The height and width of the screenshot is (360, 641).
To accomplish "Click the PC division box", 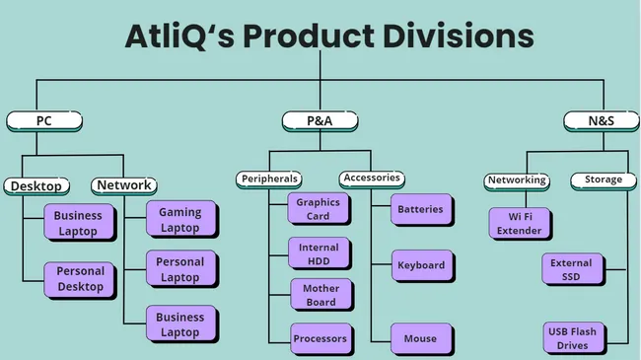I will pos(44,121).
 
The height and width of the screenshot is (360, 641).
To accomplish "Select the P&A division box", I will pos(320,121).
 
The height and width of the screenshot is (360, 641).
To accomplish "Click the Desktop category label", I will pos(36,185).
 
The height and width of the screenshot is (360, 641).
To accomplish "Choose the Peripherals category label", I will pos(268,180).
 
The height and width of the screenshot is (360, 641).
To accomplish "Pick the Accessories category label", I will pos(372,179).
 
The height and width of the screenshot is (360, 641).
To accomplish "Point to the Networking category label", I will pos(517,180).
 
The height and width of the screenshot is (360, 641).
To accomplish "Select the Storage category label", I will pos(603,180).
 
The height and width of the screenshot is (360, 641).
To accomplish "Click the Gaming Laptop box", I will pos(179,220).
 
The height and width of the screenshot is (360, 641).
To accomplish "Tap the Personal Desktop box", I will pos(80,279).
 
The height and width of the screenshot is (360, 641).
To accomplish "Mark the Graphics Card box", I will pos(318,209).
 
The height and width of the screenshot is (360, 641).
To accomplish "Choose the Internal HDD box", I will pos(318,254).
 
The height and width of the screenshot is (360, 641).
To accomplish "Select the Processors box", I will pos(320,339).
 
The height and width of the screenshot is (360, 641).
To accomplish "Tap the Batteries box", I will pos(420,209).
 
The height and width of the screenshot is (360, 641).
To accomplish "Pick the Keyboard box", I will pos(420,265).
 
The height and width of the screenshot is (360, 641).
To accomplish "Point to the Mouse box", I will pos(420,339).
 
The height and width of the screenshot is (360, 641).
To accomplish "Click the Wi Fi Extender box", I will pos(519,223).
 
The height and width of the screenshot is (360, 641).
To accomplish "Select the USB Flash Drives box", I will pos(572,338).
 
